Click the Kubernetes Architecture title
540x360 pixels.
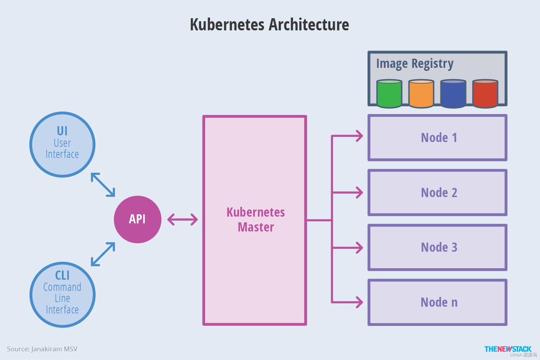[269, 25]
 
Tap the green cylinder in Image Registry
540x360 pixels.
[389, 94]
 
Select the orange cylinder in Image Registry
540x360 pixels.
[421, 94]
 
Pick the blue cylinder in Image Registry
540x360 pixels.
[453, 94]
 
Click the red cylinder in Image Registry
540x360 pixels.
[485, 94]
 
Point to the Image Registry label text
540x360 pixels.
[414, 64]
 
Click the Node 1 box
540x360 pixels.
[437, 138]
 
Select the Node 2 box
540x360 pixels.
[437, 193]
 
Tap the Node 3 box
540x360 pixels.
[437, 247]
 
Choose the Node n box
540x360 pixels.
[437, 302]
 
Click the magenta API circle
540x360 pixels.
[137, 219]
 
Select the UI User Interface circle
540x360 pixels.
[62, 144]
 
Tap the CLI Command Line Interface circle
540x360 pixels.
[62, 295]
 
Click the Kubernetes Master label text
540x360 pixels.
[255, 220]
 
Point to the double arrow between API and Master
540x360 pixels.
[183, 219]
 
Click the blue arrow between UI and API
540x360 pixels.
[103, 185]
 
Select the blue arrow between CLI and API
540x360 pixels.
[103, 254]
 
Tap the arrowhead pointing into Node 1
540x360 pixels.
[359, 136]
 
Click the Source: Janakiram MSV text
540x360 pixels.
[42, 349]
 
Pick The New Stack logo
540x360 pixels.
[508, 349]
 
